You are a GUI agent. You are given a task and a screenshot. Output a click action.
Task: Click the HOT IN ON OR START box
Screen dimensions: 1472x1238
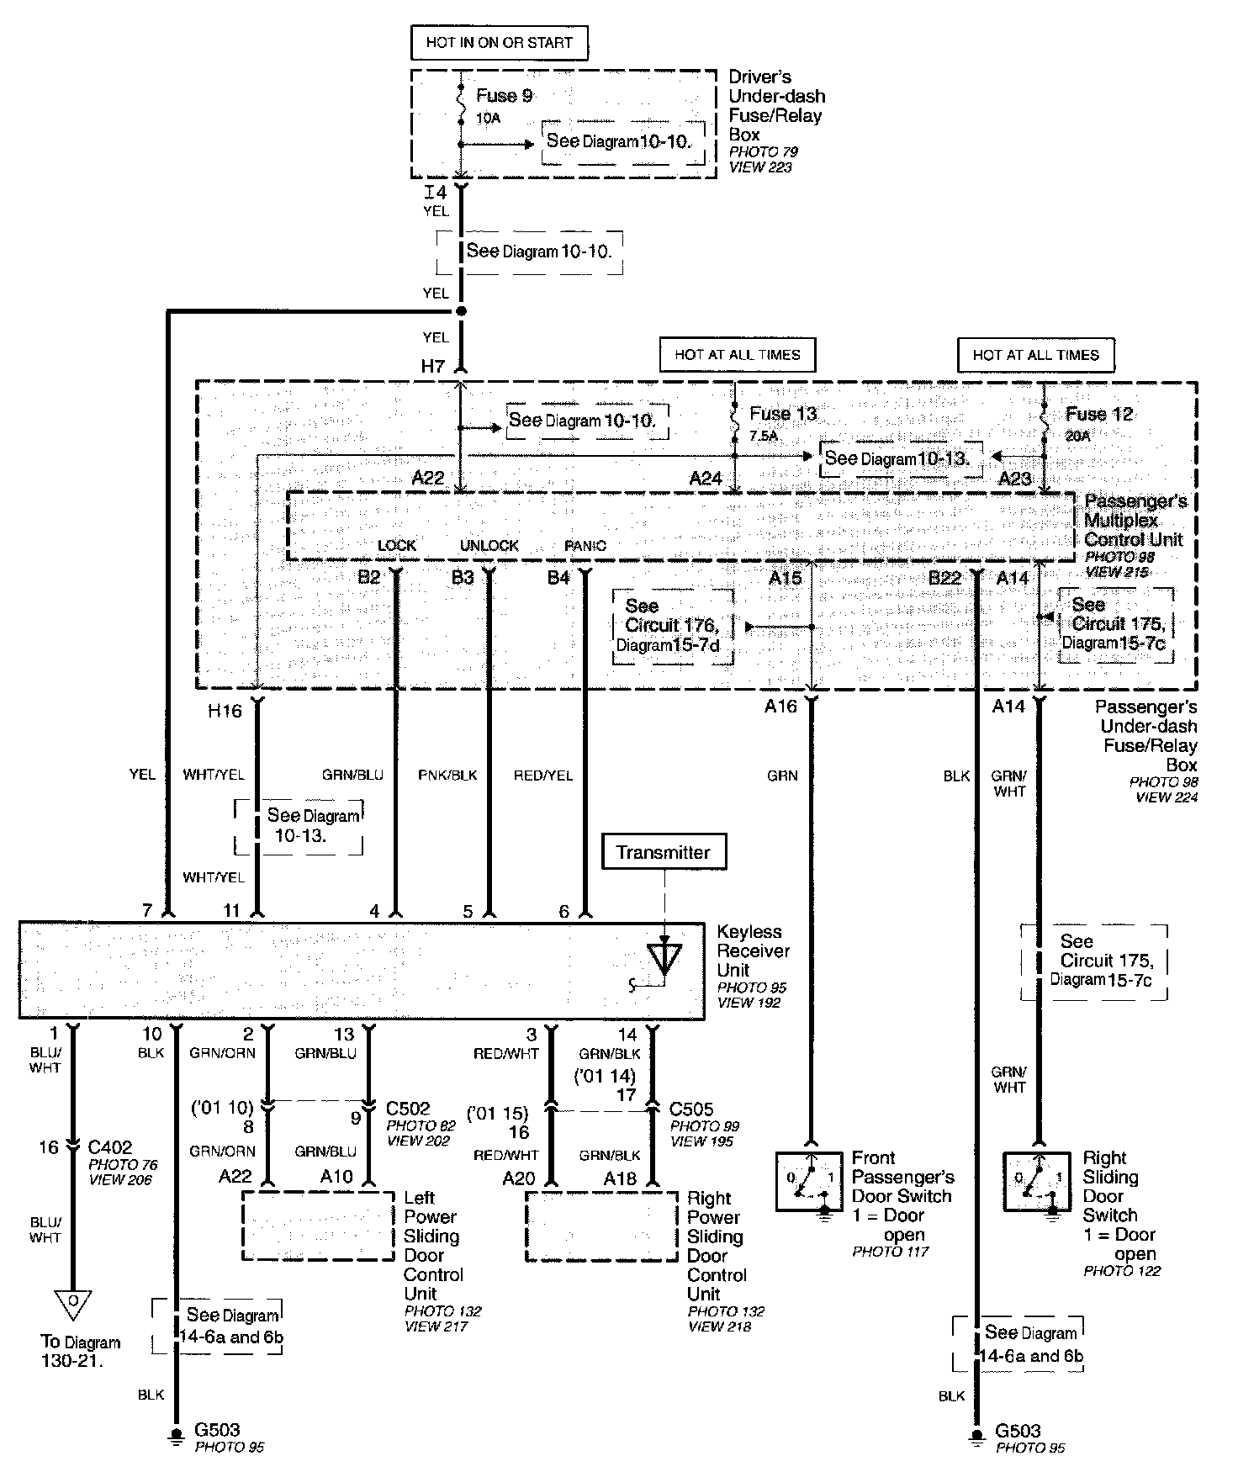[499, 43]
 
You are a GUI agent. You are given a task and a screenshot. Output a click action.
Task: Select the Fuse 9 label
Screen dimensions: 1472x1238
[504, 96]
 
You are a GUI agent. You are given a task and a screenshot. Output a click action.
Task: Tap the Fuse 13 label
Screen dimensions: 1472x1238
[782, 414]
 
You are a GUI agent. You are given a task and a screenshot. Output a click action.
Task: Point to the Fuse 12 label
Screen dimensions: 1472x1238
[1098, 414]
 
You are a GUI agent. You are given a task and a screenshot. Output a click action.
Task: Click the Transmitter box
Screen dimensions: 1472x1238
[663, 852]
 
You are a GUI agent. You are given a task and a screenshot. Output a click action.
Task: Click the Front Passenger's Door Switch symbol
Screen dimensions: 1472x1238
[809, 1181]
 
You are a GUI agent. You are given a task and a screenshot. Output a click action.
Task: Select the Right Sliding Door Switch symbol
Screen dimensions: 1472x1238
[1036, 1181]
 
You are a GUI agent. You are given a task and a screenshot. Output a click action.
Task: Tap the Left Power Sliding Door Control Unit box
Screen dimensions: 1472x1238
[318, 1225]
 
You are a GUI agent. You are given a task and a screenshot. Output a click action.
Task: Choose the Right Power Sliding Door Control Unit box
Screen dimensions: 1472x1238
[601, 1226]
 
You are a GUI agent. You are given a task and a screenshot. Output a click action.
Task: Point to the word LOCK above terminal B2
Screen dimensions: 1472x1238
[397, 545]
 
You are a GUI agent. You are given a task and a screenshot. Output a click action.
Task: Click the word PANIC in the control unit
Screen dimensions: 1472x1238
[585, 545]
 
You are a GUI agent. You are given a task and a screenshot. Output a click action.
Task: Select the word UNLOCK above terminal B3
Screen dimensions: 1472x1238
[489, 545]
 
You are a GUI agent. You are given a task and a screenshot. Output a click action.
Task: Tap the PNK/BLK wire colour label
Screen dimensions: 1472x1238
[447, 775]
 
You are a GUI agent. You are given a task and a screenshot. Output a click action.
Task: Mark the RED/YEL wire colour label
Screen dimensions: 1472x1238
[543, 775]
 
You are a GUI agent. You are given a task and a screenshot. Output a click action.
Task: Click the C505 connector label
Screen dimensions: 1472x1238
[691, 1109]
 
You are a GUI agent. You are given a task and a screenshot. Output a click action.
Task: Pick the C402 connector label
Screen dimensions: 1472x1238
[110, 1147]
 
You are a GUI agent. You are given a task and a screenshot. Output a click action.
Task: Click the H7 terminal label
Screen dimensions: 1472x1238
[432, 366]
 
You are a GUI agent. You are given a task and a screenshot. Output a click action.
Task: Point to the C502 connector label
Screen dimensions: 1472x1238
[408, 1109]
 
